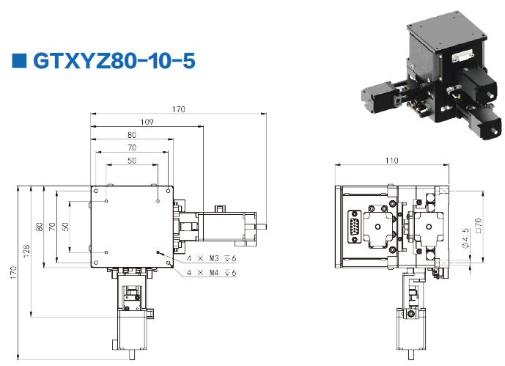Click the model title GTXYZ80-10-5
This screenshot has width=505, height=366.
coord(114,61)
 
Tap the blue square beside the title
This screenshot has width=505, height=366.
coord(19,61)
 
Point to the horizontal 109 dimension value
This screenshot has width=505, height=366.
coord(147,122)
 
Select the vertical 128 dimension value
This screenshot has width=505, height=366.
coord(26,251)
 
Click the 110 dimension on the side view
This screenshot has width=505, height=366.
coord(391,161)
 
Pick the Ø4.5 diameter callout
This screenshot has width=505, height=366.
coord(465,238)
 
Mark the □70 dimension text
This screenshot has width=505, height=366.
coord(479,225)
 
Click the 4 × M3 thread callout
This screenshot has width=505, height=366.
coord(212,258)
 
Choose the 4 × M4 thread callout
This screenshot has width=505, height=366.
coord(212,273)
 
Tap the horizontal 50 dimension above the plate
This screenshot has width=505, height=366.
coord(132,161)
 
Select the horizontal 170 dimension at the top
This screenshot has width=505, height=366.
coord(178,109)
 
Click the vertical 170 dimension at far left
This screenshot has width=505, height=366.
coord(13,273)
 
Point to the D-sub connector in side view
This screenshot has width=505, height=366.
coord(355,226)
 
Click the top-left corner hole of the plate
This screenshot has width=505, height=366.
coord(96,191)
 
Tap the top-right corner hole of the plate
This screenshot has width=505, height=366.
coord(168,191)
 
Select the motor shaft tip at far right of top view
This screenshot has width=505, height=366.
coord(266,227)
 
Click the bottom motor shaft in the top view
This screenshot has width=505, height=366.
coord(132,355)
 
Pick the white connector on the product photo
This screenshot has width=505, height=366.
coord(462,56)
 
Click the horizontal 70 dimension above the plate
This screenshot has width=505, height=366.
coord(132,147)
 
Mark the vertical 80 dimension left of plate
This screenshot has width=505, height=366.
coord(40,227)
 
